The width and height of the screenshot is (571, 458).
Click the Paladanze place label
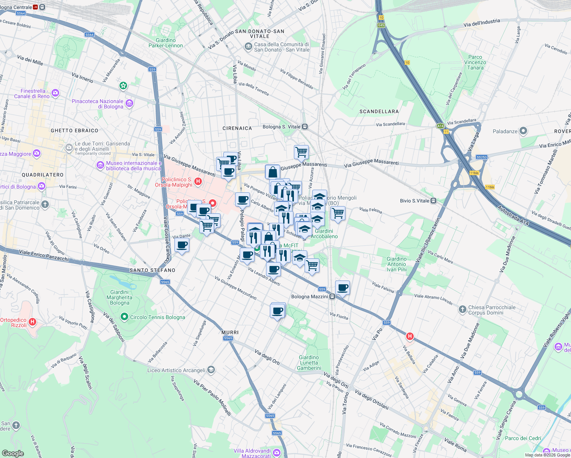pos(505,131)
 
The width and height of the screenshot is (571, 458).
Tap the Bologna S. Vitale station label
pos(281,127)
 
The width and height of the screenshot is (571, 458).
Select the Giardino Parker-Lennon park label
pos(166,43)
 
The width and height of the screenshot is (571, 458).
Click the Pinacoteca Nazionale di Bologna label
pos(98,104)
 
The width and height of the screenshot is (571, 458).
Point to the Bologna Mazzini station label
pos(310,297)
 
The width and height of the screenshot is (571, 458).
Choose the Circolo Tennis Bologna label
pos(157,317)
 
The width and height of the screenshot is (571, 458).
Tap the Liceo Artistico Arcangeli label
pos(176,370)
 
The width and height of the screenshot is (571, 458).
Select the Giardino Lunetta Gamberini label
pos(309,363)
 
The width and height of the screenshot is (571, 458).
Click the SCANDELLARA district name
pos(379,111)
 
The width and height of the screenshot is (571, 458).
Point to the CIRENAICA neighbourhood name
pos(237,128)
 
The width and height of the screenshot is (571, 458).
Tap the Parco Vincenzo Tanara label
pos(475,62)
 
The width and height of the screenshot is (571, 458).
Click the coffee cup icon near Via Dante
pos(182,245)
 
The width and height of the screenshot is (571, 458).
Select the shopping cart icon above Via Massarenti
pos(301,152)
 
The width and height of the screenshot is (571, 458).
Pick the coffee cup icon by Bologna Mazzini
pos(342,287)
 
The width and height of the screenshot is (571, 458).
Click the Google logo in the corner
pos(13,453)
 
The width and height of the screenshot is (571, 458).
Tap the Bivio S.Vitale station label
pos(415,201)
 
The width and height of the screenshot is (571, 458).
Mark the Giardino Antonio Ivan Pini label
pos(397,264)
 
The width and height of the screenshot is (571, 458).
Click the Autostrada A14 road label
pos(513,216)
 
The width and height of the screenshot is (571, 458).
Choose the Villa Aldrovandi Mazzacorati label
pos(252,453)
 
